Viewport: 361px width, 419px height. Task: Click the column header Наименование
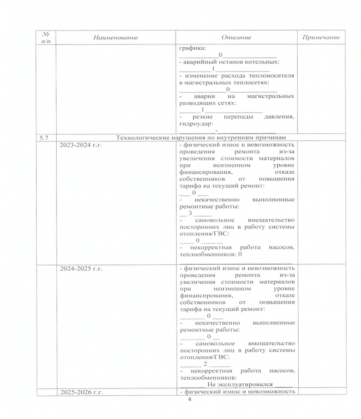(x=115, y=37)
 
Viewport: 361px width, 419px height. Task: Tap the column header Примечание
(x=321, y=37)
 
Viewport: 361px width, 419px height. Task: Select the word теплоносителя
(x=272, y=75)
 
